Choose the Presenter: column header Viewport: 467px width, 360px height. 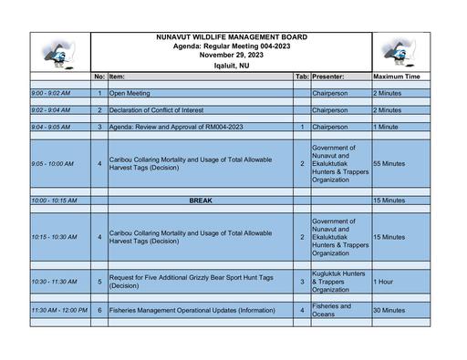(334, 77)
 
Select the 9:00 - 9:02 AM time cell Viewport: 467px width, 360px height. (51, 93)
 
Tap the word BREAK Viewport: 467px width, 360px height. (201, 200)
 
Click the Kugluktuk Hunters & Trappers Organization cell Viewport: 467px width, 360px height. (338, 283)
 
